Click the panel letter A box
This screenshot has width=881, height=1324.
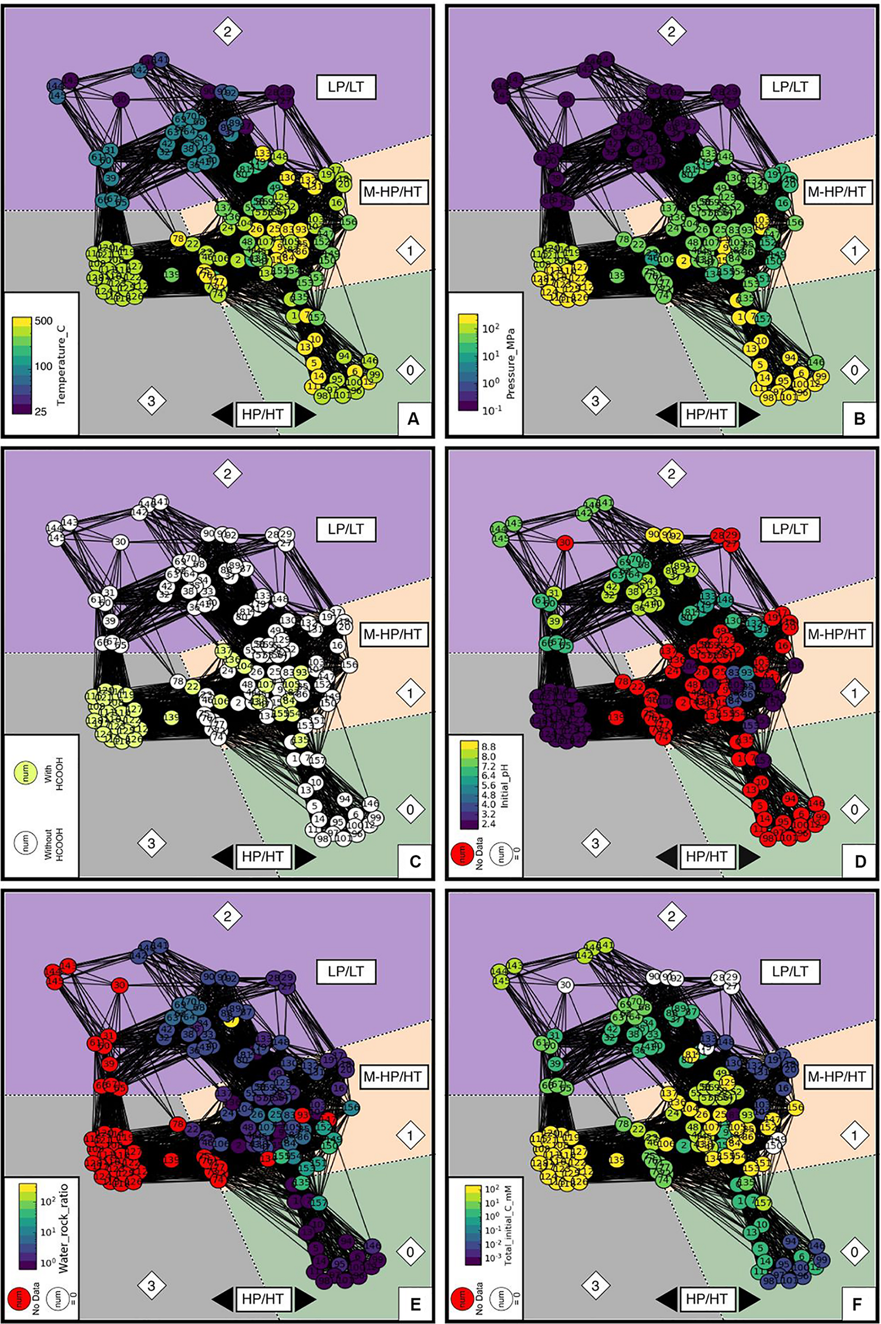pos(413,418)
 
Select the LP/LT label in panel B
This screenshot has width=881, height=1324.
pos(790,87)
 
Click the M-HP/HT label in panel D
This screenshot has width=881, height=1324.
pos(836,633)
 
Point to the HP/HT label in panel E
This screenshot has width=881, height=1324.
pos(263,1298)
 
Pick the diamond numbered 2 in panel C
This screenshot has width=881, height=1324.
pos(227,473)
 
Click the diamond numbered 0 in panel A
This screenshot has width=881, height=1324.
pos(410,370)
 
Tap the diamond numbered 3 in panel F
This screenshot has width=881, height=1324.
pos(596,1285)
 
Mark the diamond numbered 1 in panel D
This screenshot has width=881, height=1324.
pos(854,693)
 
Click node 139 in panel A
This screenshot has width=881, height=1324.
pos(172,274)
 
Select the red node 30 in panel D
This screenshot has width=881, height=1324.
pos(564,542)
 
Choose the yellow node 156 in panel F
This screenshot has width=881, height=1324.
pos(796,1107)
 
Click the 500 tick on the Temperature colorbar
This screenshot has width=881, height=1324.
pos(43,321)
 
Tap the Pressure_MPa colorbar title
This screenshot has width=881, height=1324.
pos(510,364)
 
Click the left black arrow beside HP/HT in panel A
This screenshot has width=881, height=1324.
pos(221,414)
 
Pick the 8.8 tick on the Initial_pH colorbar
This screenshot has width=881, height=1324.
pos(488,746)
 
